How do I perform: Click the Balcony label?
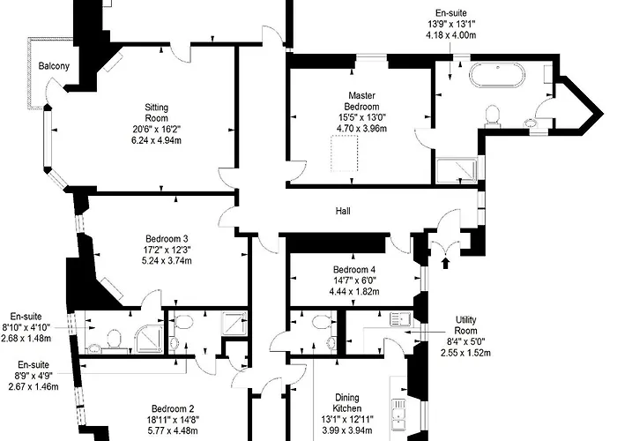click(55, 66)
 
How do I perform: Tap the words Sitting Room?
click(156, 114)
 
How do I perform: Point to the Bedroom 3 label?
click(167, 238)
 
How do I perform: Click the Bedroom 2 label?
click(172, 408)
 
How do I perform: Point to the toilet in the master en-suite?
click(494, 115)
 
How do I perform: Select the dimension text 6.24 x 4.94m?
click(156, 139)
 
